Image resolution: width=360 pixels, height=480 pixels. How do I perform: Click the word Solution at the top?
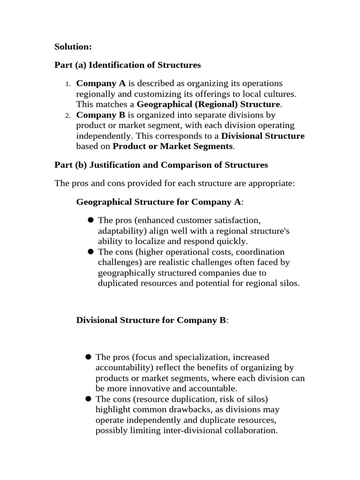pyautogui.click(x=73, y=46)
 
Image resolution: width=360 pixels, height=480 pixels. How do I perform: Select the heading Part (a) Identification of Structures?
pyautogui.click(x=127, y=65)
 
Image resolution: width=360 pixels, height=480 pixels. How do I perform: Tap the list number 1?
pyautogui.click(x=67, y=84)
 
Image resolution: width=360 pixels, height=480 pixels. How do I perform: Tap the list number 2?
pyautogui.click(x=67, y=115)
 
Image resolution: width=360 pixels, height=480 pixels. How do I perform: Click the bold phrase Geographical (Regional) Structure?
pyautogui.click(x=208, y=104)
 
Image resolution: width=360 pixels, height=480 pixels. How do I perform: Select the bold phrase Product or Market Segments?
pyautogui.click(x=172, y=146)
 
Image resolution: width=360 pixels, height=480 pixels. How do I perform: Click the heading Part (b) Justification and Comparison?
pyautogui.click(x=161, y=165)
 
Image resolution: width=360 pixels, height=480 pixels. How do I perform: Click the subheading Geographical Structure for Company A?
pyautogui.click(x=159, y=202)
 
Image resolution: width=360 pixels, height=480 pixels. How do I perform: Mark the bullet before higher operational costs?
pyautogui.click(x=91, y=252)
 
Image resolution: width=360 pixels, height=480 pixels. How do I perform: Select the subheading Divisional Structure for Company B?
pyautogui.click(x=151, y=320)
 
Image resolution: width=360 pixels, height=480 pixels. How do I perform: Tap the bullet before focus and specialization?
pyautogui.click(x=88, y=357)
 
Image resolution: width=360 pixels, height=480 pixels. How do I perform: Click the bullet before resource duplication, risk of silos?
pyautogui.click(x=88, y=399)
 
